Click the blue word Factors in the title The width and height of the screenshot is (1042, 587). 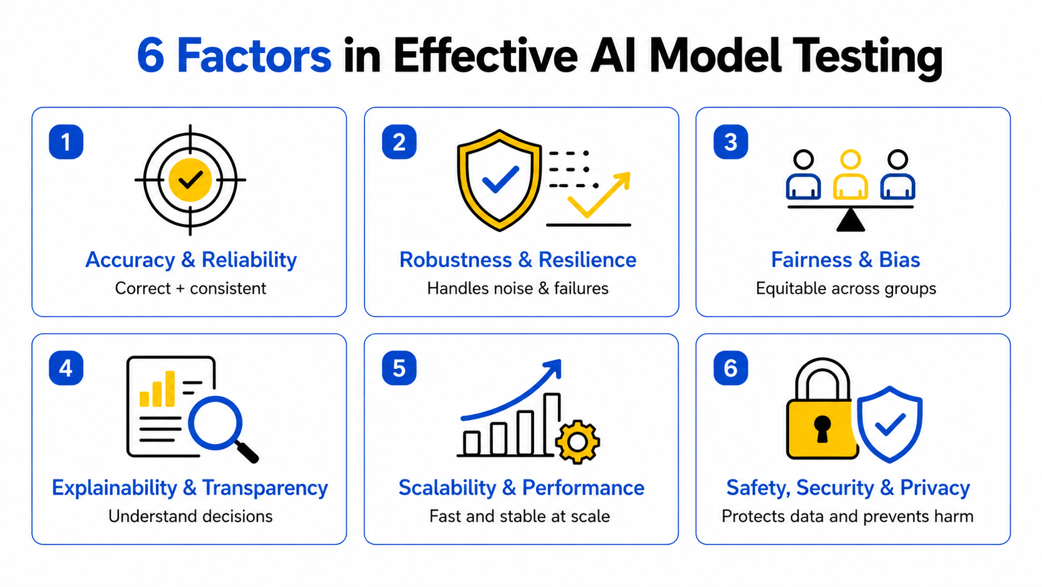point(254,56)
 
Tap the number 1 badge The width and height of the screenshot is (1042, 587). point(66,142)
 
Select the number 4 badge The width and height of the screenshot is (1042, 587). point(66,368)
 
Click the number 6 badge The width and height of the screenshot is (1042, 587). point(731,368)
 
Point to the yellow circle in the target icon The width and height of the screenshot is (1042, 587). point(190,180)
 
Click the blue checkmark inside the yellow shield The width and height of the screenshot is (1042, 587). point(500,179)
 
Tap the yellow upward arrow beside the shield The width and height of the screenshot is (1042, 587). point(599,195)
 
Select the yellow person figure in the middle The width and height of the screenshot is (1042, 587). point(850,175)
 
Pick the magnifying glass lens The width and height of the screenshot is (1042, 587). point(215,423)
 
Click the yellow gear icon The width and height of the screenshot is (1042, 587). point(577,442)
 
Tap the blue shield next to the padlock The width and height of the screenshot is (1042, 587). point(889,424)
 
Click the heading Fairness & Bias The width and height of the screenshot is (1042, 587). point(846,260)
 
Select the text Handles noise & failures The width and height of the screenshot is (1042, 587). point(518,289)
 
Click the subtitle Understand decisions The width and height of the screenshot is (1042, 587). point(190,517)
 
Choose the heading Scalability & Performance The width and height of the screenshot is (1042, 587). point(522,488)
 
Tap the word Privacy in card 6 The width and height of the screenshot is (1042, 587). point(935,488)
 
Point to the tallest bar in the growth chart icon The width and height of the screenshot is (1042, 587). point(552,424)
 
